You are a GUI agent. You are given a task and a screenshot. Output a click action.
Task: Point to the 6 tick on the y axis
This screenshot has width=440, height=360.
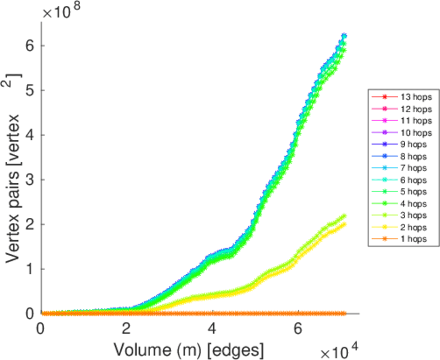(x=29, y=46)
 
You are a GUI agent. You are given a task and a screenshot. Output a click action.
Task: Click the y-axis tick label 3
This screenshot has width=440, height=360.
(x=29, y=179)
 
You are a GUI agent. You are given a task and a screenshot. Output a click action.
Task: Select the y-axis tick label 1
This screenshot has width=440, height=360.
(x=29, y=269)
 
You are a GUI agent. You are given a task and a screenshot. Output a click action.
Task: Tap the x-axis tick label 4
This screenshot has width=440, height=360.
(x=212, y=329)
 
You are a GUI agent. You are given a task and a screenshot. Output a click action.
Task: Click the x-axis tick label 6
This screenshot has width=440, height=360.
(x=298, y=329)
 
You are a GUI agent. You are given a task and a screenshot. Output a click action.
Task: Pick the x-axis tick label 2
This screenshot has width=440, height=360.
(x=127, y=329)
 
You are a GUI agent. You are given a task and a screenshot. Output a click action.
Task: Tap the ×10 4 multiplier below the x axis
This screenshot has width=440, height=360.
(x=339, y=350)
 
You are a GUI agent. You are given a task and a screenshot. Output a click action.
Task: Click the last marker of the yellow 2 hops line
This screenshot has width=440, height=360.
(x=343, y=224)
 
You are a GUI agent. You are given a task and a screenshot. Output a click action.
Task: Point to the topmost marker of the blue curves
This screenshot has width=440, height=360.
(x=344, y=36)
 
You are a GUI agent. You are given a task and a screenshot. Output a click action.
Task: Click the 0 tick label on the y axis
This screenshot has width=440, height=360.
(x=29, y=313)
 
